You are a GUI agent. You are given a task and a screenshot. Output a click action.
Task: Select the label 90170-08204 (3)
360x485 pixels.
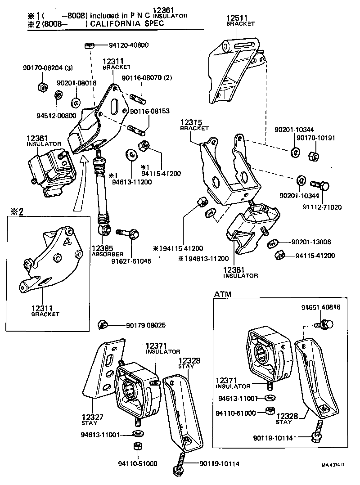[47, 68]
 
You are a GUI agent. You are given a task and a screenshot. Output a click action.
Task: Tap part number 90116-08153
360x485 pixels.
[150, 111]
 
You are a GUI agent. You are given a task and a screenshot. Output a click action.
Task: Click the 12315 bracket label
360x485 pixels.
[191, 122]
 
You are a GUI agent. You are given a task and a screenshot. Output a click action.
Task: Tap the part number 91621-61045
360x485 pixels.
[131, 260]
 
